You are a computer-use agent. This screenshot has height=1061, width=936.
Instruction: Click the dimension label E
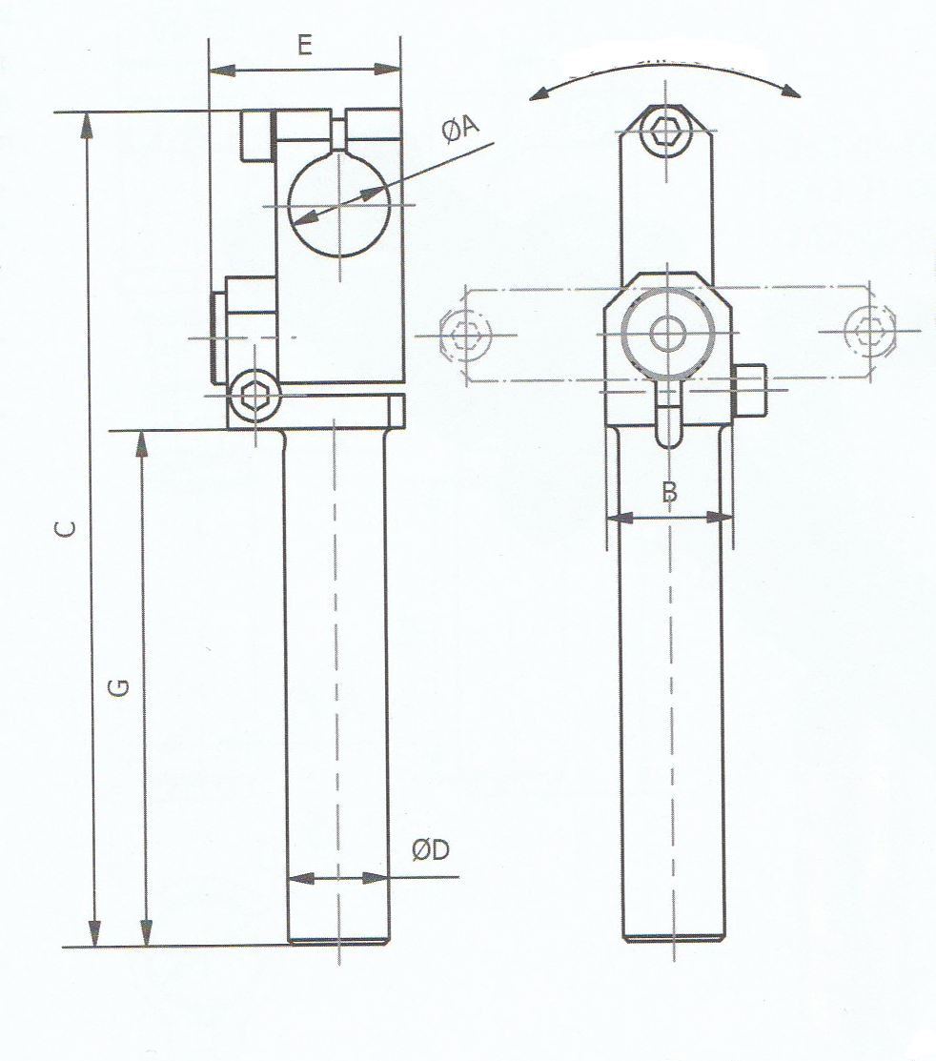coord(305,46)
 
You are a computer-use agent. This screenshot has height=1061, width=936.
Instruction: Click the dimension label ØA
coord(460,129)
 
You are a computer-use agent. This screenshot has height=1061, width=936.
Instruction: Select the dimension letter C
coord(65,528)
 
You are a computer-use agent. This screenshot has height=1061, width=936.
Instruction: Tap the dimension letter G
coord(119,687)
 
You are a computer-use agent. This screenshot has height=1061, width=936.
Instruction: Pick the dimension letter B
coord(669,491)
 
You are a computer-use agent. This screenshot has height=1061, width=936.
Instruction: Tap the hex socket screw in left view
coord(254,393)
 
